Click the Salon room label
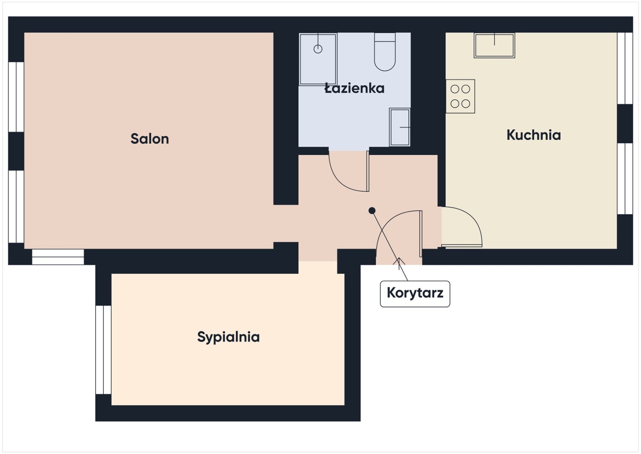click(150, 139)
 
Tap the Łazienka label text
click(355, 88)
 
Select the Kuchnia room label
click(534, 135)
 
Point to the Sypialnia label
click(229, 337)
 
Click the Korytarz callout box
click(415, 294)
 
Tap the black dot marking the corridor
click(372, 211)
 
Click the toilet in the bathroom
click(385, 52)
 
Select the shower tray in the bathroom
click(318, 59)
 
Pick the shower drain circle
click(318, 49)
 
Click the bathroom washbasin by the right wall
click(400, 127)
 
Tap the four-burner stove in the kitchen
click(460, 96)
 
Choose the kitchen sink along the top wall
click(494, 45)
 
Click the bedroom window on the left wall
click(103, 350)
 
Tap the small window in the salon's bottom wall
click(58, 257)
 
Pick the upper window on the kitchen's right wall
click(625, 68)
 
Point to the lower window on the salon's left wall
click(16, 206)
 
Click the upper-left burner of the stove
click(455, 89)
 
